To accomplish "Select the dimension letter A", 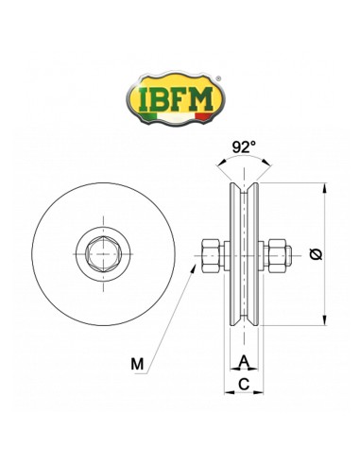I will coord(244,360).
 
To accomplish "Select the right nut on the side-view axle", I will coord(276,252).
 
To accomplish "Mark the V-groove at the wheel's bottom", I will coord(245,320).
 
